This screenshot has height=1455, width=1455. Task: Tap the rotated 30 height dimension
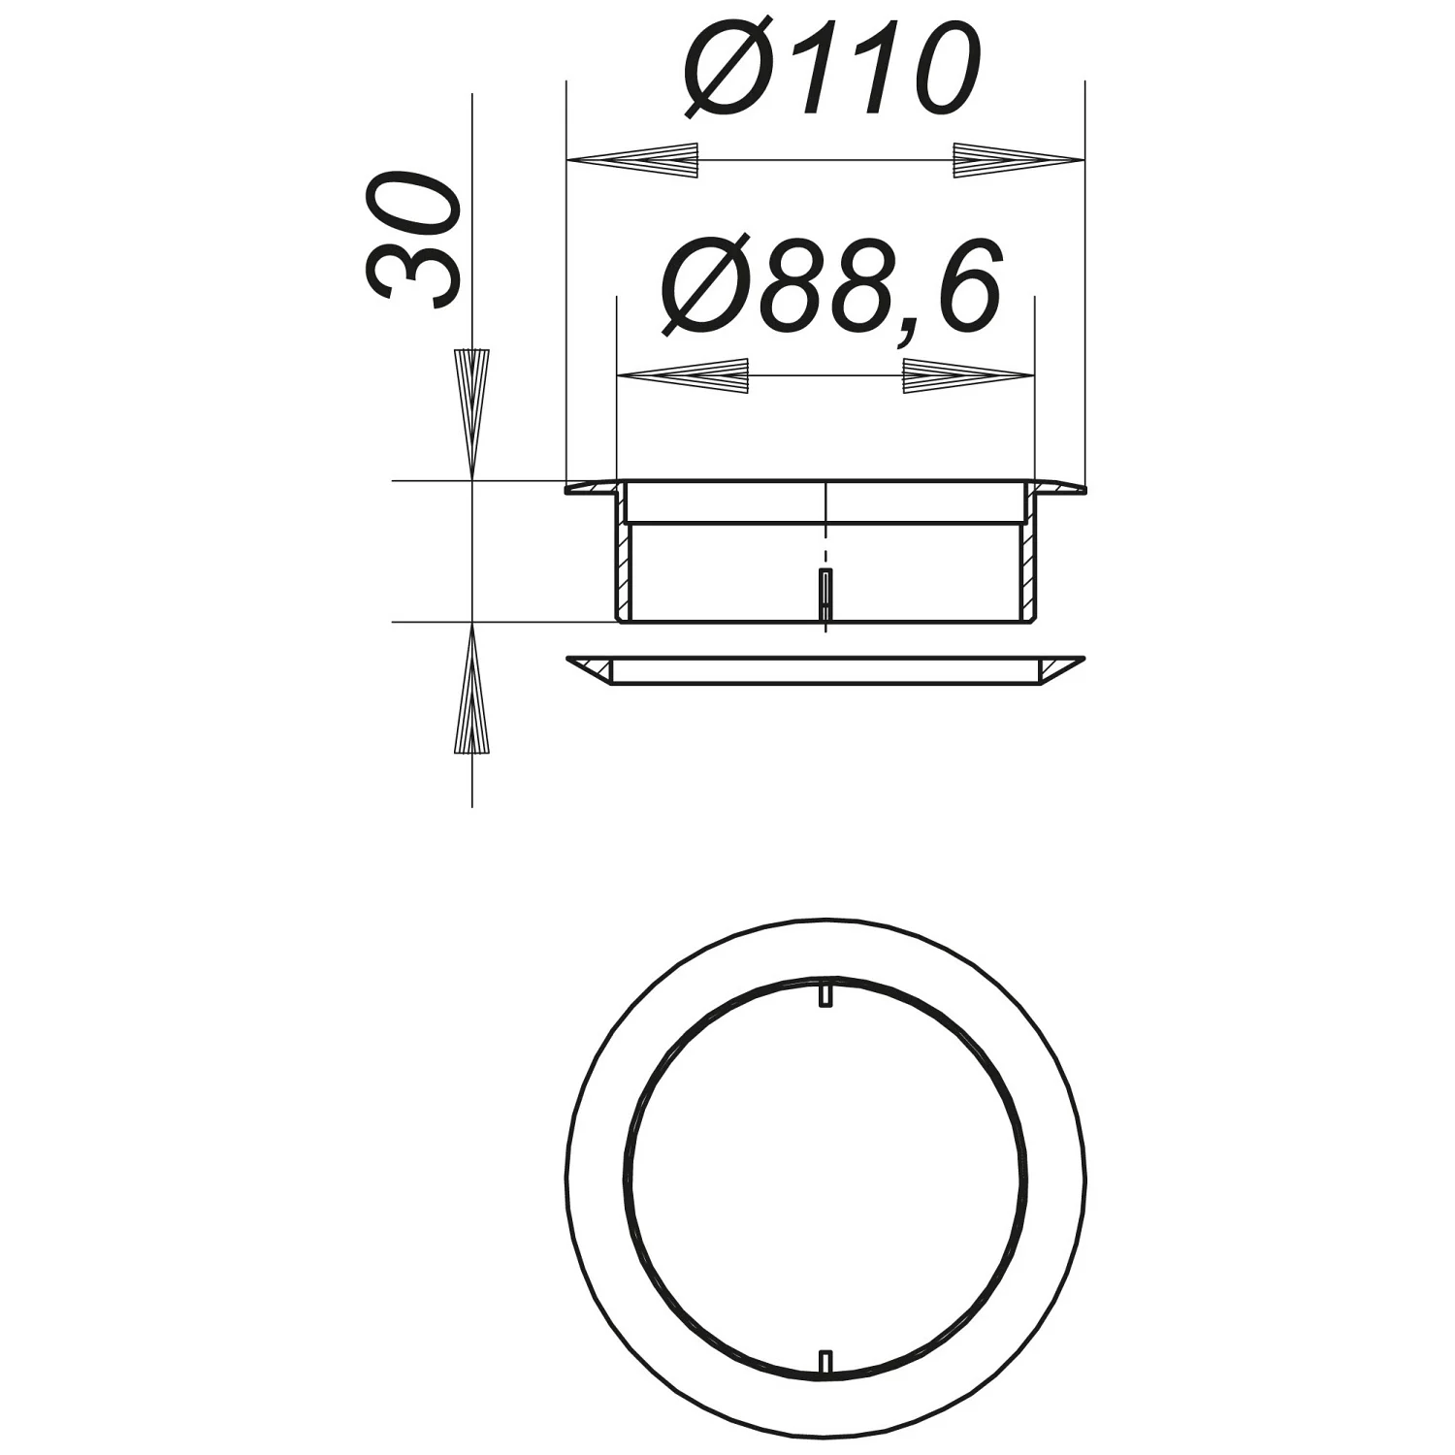[x=412, y=240]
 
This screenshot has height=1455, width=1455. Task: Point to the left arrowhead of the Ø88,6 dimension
[x=685, y=375]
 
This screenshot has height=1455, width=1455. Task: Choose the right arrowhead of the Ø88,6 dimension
[x=967, y=375]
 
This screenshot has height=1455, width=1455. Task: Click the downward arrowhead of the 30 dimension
[x=472, y=412]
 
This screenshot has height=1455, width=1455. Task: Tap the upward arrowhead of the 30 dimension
[x=471, y=689]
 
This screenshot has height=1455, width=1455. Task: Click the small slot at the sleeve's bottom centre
[x=824, y=595]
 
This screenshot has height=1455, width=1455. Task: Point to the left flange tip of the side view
[x=572, y=489]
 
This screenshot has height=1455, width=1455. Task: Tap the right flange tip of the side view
[x=1079, y=489]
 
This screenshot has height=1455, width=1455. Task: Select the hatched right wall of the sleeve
[x=1028, y=567]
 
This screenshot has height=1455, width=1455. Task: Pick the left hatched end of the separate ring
[x=595, y=668]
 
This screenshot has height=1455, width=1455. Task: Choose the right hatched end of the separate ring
[x=1056, y=668]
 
